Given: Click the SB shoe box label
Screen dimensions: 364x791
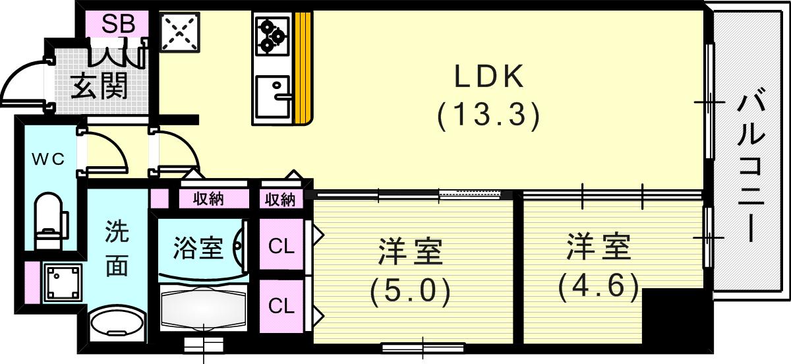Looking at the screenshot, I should [119, 24].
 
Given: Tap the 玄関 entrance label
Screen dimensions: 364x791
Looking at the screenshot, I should [100, 86].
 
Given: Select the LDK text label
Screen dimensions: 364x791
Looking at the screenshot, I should [488, 78].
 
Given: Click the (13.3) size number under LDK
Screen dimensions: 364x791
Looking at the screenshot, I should [488, 116].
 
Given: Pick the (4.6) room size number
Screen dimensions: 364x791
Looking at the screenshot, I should [599, 285].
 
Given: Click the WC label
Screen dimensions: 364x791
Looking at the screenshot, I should [49, 160].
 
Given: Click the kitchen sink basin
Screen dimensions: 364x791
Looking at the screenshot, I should [272, 96].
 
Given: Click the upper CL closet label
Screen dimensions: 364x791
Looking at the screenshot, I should [281, 246].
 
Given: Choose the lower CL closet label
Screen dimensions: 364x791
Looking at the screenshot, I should [281, 306].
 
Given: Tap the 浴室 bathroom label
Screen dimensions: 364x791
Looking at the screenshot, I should [198, 249].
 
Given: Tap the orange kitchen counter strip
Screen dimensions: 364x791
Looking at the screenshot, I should [303, 69].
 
